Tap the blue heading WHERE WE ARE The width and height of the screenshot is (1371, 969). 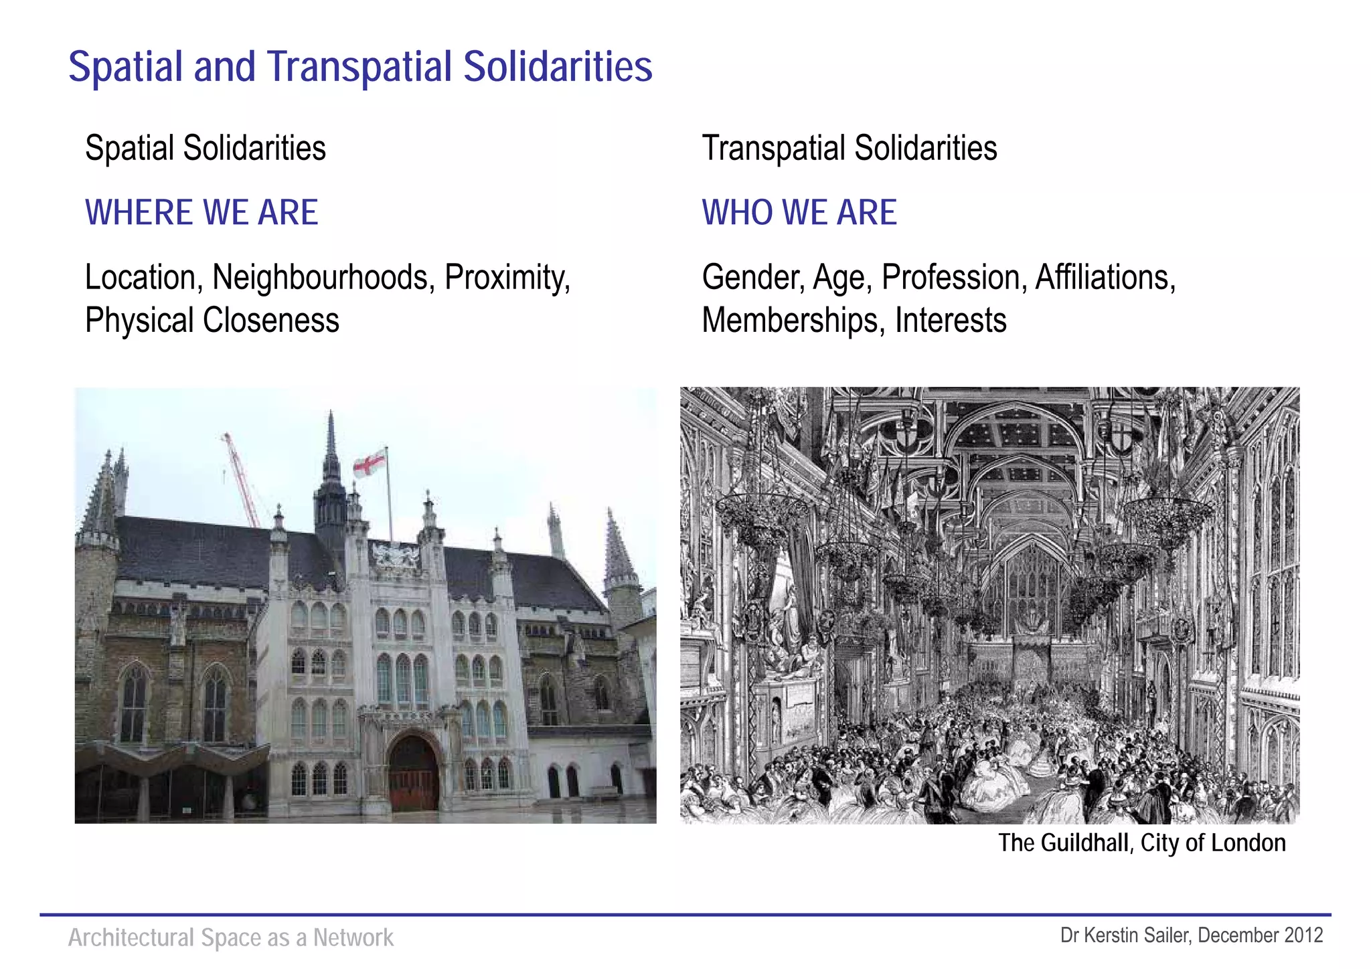pyautogui.click(x=201, y=213)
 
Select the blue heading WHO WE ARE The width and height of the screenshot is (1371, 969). pyautogui.click(x=799, y=213)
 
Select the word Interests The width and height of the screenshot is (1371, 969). pyautogui.click(x=951, y=321)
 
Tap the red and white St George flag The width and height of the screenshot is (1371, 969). pyautogui.click(x=370, y=463)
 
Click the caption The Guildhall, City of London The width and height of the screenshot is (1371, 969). pyautogui.click(x=1141, y=843)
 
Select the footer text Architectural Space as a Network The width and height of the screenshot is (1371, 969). pyautogui.click(x=231, y=938)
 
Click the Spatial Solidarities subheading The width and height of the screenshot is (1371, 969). pyautogui.click(x=206, y=149)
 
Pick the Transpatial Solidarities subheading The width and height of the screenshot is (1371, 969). pyautogui.click(x=849, y=149)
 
